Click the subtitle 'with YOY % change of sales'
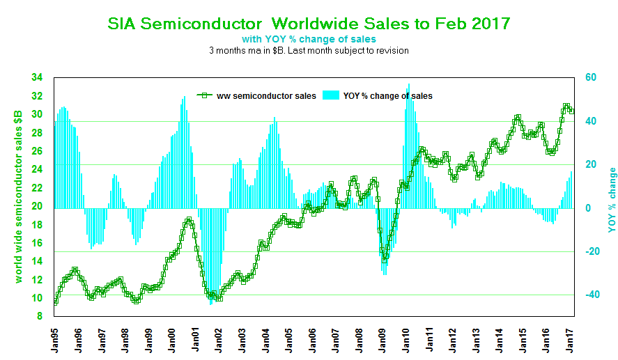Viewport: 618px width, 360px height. coord(309,38)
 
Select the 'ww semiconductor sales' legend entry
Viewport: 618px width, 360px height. coord(256,95)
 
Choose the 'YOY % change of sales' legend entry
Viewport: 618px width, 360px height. coord(378,95)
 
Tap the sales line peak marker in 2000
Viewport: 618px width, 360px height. coord(189,220)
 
